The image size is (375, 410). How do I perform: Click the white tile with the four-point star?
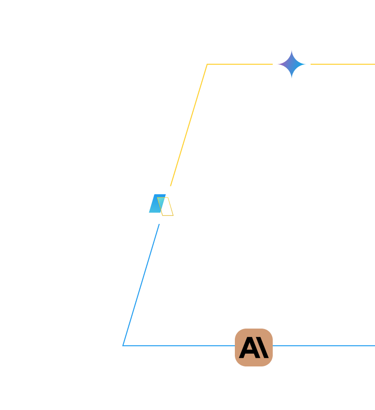click(x=292, y=64)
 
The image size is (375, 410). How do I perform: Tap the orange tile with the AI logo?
click(x=254, y=348)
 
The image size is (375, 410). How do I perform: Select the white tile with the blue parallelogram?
click(x=161, y=205)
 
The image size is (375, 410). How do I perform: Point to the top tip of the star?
click(x=292, y=52)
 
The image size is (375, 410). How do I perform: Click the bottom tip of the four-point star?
click(x=292, y=77)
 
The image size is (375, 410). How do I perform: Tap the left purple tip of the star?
click(x=279, y=64)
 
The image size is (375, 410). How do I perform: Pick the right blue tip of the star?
click(x=304, y=64)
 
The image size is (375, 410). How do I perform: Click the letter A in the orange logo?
click(x=248, y=348)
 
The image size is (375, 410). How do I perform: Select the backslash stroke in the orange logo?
click(x=263, y=348)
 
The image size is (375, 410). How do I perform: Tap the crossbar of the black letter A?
click(x=248, y=352)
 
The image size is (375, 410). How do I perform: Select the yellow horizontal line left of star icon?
click(x=239, y=64)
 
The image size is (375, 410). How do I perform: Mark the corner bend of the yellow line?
click(x=207, y=64)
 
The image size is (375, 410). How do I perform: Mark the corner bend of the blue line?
click(x=123, y=346)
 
